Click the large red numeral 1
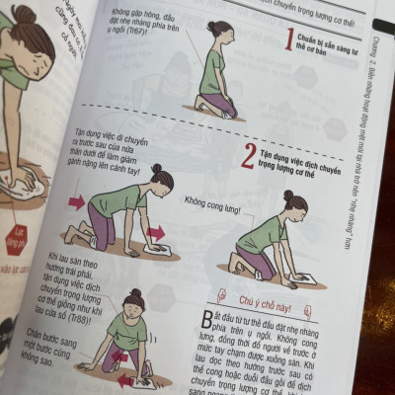(x=287, y=40)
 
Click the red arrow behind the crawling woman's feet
(x=76, y=202)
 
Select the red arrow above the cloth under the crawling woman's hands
(x=155, y=232)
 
